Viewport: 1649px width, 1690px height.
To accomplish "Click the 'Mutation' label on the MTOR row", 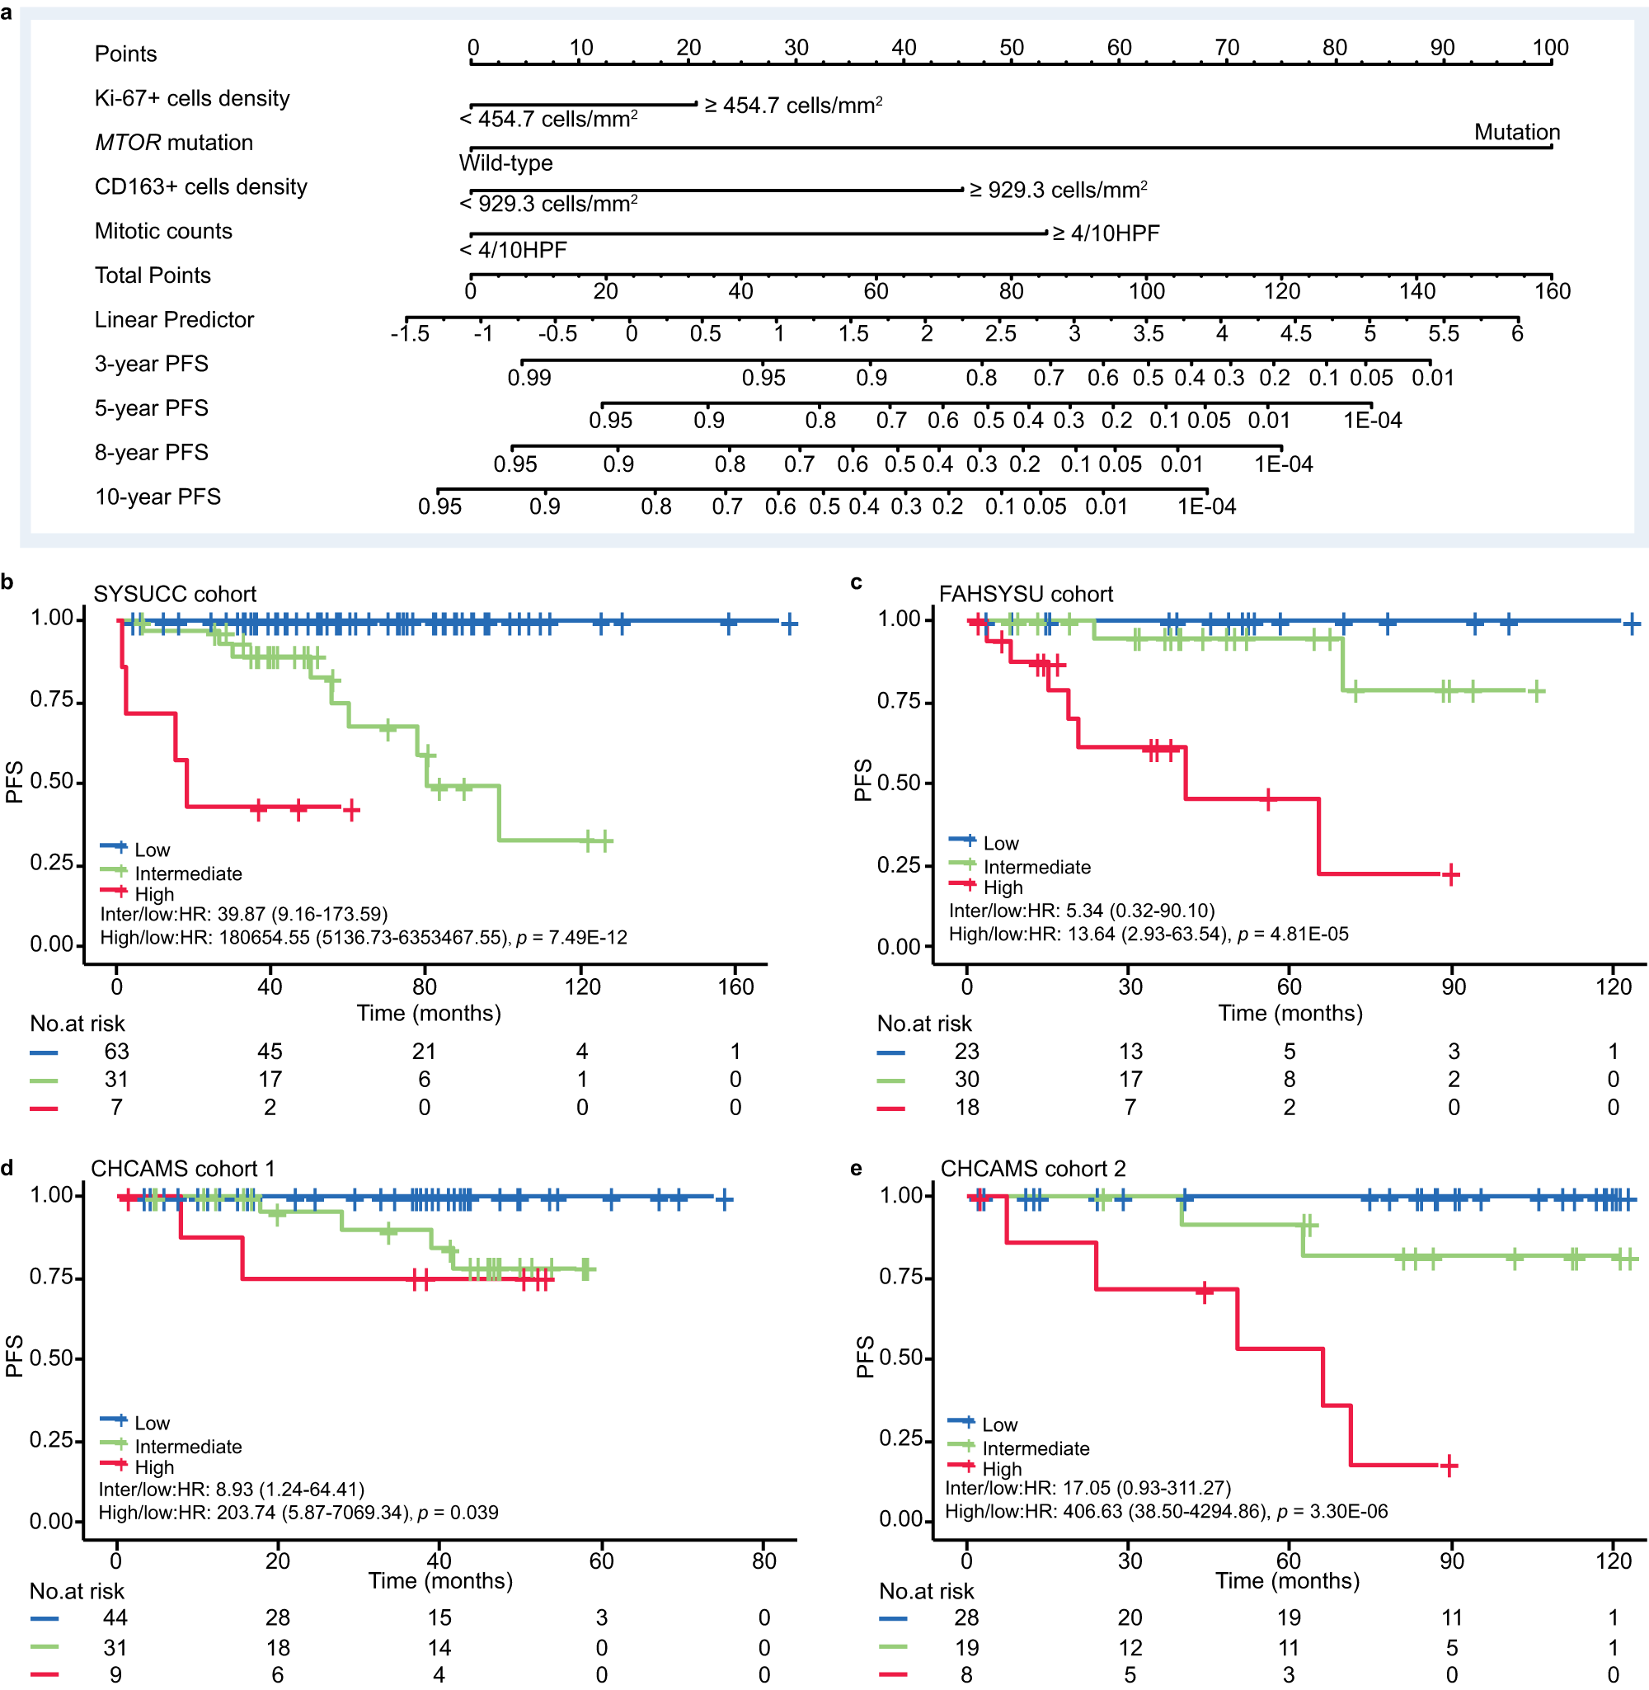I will tap(1516, 133).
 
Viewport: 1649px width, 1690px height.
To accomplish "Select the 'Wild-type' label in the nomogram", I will tap(505, 162).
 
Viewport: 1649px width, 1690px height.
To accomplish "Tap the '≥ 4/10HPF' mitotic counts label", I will tap(1106, 233).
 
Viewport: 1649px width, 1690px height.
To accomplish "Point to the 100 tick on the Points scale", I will tap(1550, 49).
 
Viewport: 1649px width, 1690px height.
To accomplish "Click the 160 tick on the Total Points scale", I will tap(1552, 291).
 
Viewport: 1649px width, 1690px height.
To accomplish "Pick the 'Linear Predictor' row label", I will tap(174, 320).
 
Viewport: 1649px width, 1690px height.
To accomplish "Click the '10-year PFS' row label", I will tap(157, 497).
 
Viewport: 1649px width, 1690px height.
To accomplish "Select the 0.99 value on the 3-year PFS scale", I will tap(529, 378).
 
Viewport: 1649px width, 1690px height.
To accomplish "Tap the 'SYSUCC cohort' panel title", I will tap(175, 594).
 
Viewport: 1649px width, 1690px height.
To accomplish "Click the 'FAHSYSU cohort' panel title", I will tap(1026, 594).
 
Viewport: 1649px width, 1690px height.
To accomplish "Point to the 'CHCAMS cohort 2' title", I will tap(1032, 1169).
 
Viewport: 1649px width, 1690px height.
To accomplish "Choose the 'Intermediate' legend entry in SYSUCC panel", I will tap(188, 873).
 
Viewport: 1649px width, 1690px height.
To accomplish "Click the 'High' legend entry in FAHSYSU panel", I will tap(1003, 887).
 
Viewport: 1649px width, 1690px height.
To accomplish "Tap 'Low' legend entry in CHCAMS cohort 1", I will tap(152, 1424).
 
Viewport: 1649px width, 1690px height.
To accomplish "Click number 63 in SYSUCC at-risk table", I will tap(117, 1052).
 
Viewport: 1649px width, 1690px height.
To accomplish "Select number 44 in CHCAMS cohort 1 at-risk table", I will tap(115, 1617).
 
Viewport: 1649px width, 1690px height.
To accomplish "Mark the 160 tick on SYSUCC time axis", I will tap(735, 986).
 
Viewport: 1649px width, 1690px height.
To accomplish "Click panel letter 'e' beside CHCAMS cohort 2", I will tap(856, 1169).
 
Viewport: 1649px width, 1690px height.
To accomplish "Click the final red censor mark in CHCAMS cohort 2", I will tap(1449, 1466).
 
